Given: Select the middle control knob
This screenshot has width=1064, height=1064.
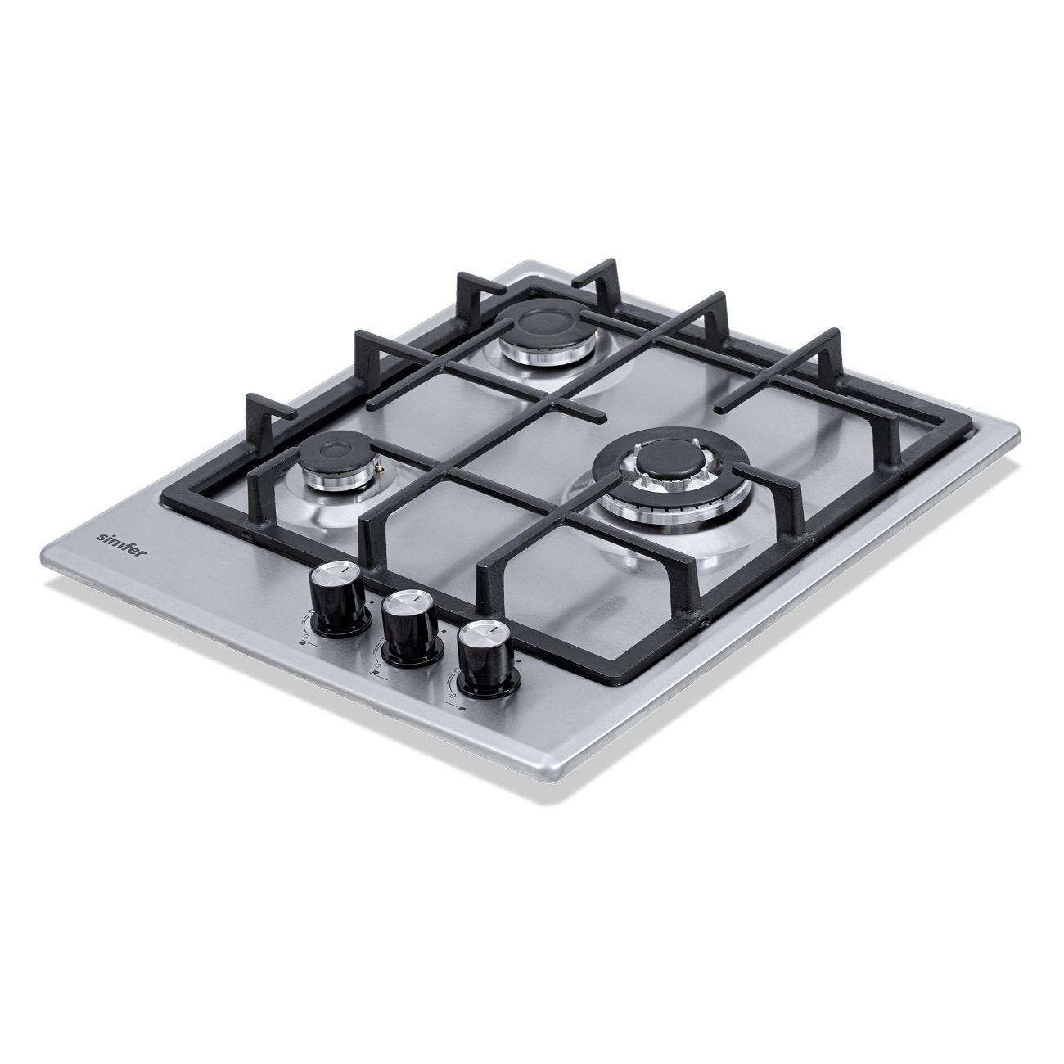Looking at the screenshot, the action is point(412,629).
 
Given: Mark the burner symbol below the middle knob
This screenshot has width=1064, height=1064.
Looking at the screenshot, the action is point(376,674).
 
